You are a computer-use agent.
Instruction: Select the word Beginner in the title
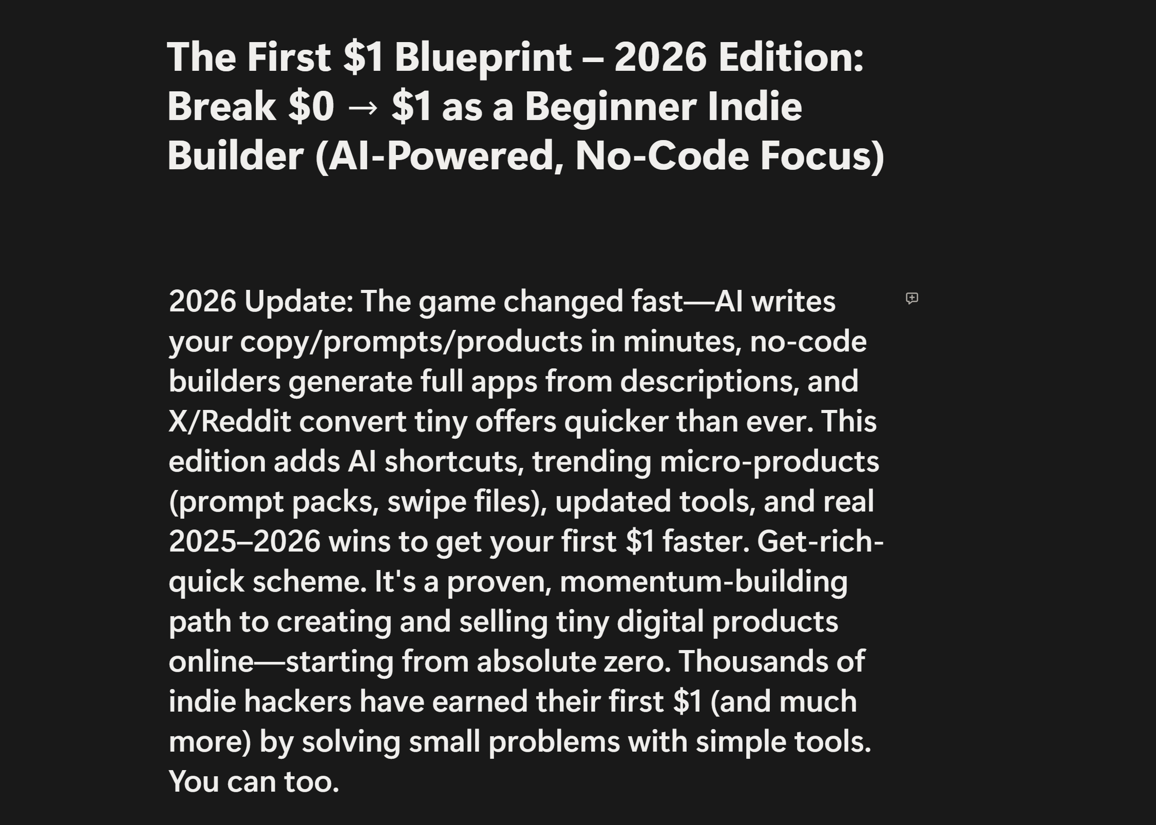click(x=610, y=108)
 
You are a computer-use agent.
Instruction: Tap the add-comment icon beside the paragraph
click(x=912, y=299)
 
